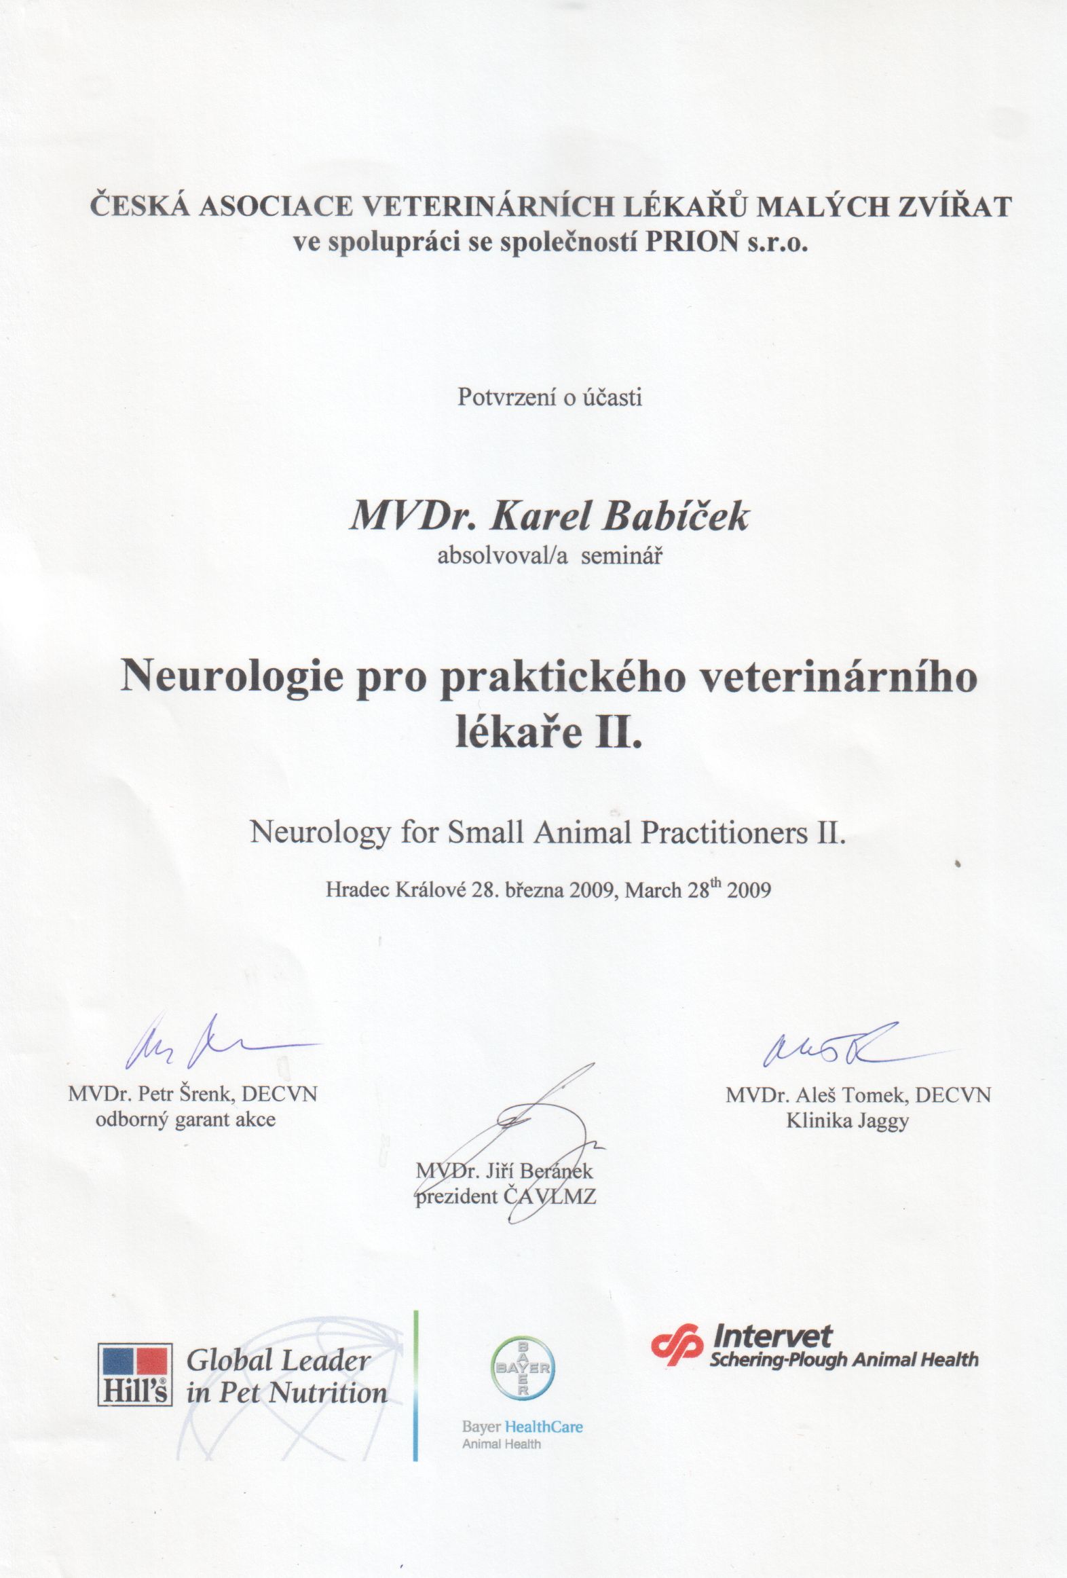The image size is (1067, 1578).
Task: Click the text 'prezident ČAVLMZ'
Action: [x=506, y=1196]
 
